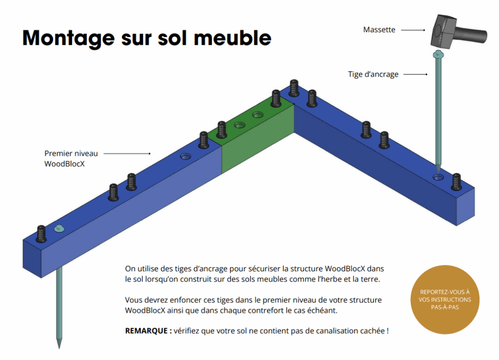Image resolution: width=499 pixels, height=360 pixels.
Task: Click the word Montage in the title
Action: pyautogui.click(x=68, y=38)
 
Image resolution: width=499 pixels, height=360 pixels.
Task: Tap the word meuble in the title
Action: pyautogui.click(x=232, y=38)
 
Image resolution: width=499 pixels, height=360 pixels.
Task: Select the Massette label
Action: pyautogui.click(x=379, y=30)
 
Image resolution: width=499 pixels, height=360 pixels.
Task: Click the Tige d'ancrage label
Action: pyautogui.click(x=373, y=74)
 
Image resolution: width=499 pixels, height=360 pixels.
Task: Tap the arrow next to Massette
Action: pyautogui.click(x=413, y=30)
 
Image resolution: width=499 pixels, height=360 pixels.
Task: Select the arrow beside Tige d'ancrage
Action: pyautogui.click(x=415, y=75)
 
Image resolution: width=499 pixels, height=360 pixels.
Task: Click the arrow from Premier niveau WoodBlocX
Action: pyautogui.click(x=127, y=153)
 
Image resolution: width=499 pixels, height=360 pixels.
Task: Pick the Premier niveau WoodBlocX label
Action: pyautogui.click(x=71, y=158)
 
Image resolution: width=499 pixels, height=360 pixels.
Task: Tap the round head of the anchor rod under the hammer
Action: pyautogui.click(x=438, y=55)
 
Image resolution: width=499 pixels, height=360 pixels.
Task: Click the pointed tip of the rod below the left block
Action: pyautogui.click(x=59, y=348)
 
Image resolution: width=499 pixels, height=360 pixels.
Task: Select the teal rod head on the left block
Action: pyautogui.click(x=59, y=228)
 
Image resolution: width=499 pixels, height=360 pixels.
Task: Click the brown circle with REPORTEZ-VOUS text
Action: pyautogui.click(x=444, y=299)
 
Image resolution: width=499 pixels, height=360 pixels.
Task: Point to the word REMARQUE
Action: pyautogui.click(x=146, y=331)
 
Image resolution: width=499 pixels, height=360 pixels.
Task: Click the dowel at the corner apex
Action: pyautogui.click(x=294, y=88)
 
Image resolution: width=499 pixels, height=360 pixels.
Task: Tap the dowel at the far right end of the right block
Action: pyautogui.click(x=456, y=182)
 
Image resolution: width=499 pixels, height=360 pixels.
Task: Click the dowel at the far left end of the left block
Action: pyautogui.click(x=41, y=234)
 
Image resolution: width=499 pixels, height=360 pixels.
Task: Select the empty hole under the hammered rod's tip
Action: pyautogui.click(x=438, y=177)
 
